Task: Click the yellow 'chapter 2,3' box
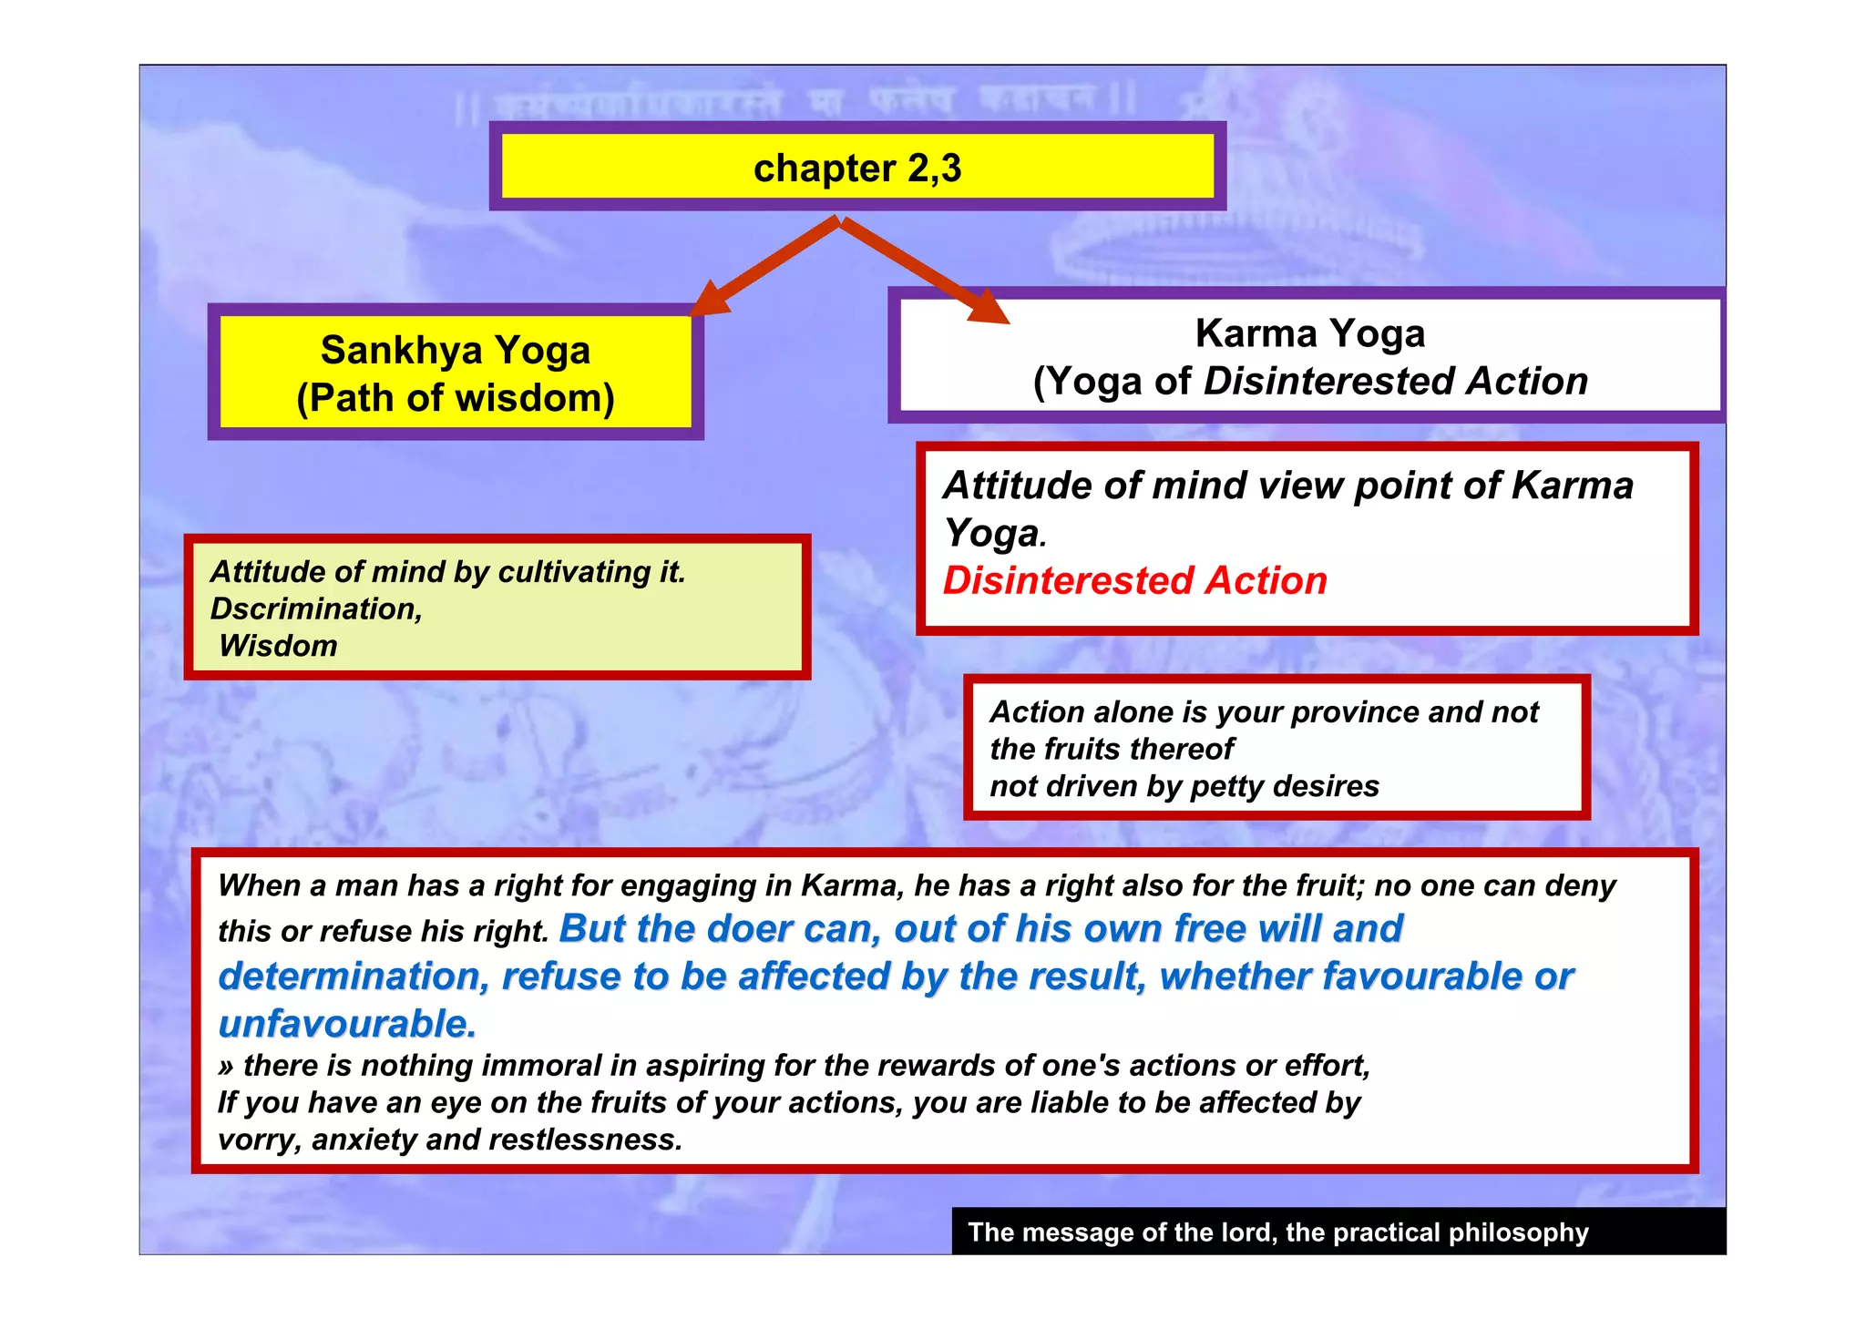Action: click(856, 168)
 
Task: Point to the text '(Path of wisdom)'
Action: click(456, 398)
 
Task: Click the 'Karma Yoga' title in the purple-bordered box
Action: click(1309, 333)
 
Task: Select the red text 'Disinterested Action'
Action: click(1134, 581)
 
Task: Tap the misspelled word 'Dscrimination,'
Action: click(316, 608)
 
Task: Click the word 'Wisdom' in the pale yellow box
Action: click(278, 646)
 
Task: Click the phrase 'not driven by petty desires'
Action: click(1184, 786)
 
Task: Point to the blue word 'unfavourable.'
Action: click(347, 1024)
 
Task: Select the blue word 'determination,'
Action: click(354, 976)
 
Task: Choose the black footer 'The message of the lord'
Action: click(1277, 1232)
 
